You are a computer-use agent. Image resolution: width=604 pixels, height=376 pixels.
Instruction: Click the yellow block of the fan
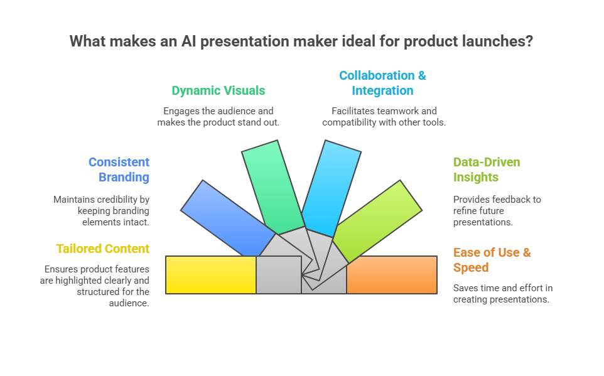(210, 275)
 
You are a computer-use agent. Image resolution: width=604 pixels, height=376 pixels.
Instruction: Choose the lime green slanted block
(377, 220)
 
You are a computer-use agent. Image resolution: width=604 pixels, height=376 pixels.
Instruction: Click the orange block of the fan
(392, 275)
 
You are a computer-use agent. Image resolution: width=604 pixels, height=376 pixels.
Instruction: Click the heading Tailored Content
(103, 249)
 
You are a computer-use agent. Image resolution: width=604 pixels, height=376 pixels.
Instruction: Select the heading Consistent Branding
(119, 169)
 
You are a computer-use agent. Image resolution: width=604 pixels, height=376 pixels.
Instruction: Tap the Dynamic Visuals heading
(218, 90)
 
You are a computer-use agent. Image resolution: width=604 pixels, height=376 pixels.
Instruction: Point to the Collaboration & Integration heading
(382, 83)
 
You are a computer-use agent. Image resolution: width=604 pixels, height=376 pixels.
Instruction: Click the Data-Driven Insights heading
(487, 169)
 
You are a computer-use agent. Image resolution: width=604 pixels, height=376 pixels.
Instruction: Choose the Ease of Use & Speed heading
(492, 260)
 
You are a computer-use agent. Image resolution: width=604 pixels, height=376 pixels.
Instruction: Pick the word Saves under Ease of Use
(466, 288)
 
